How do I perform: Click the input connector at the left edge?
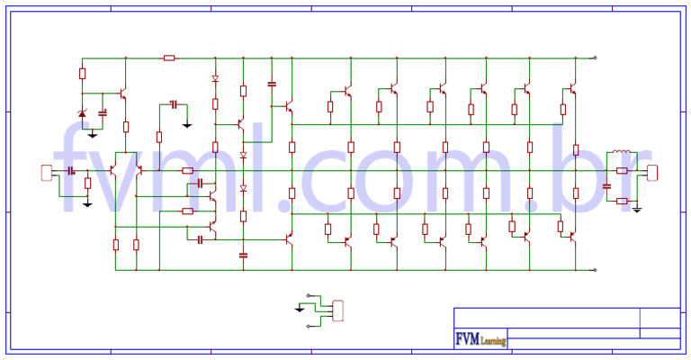click(47, 173)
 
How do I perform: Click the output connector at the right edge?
click(652, 172)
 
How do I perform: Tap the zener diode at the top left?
click(83, 114)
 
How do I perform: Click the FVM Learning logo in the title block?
click(480, 340)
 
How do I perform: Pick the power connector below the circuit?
click(337, 309)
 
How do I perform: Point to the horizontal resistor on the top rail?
click(168, 58)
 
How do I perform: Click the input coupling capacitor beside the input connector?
click(70, 171)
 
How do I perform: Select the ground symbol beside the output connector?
click(636, 209)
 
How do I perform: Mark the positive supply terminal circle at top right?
click(595, 58)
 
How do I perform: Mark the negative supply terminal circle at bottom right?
click(595, 269)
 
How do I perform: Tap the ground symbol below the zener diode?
click(93, 135)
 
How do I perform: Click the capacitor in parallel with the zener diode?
click(103, 113)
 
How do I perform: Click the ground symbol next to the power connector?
click(300, 309)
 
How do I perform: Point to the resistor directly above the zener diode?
click(83, 74)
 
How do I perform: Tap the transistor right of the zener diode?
click(122, 94)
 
